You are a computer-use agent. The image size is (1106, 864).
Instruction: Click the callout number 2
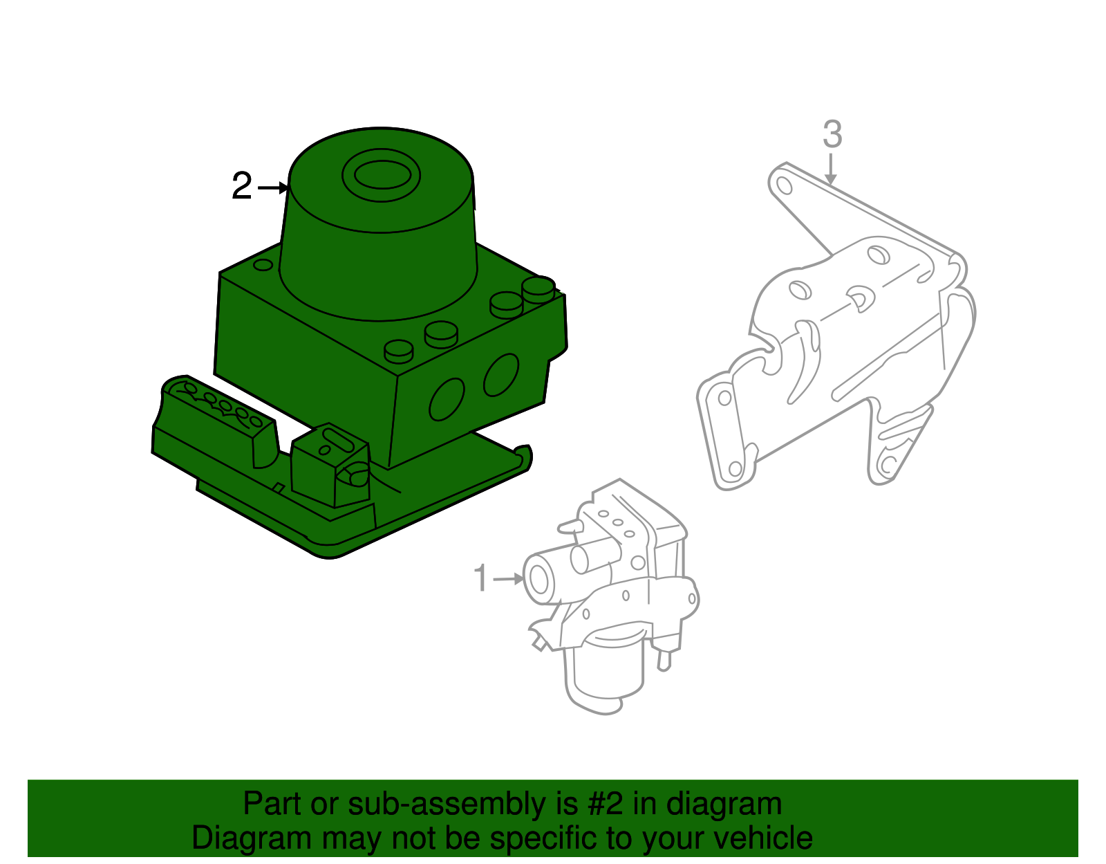(242, 187)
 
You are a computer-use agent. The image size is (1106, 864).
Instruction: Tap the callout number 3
(832, 134)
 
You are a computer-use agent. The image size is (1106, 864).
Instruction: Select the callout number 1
(481, 578)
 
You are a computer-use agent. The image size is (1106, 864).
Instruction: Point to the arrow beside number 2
(273, 187)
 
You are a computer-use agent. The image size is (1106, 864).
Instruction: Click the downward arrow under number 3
(831, 169)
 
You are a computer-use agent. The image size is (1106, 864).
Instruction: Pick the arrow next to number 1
(509, 578)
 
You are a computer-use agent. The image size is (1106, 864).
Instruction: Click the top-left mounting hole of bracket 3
(784, 185)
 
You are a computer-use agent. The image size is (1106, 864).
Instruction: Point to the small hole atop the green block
(263, 265)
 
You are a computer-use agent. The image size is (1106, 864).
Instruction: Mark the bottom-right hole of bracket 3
(887, 465)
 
